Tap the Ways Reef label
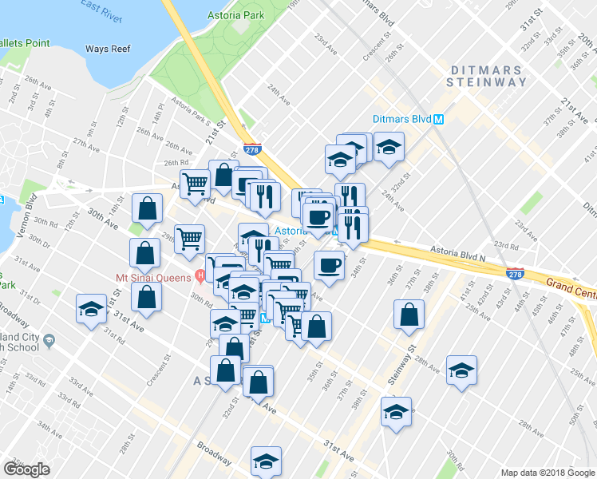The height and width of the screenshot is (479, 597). pos(108,49)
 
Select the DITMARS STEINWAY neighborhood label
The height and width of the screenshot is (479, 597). pos(486,76)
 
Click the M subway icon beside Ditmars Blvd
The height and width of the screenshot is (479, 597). pos(439,120)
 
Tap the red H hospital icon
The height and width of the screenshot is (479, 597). pos(200,277)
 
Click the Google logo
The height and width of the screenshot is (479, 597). pos(26,469)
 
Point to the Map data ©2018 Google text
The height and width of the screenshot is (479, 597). pos(547,473)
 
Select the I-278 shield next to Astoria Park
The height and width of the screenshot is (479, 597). pos(253,149)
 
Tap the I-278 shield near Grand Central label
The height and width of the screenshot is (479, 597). pos(515,274)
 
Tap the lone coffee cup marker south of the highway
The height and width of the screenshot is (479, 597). pos(328,267)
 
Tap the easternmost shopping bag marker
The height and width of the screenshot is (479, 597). pos(409,316)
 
